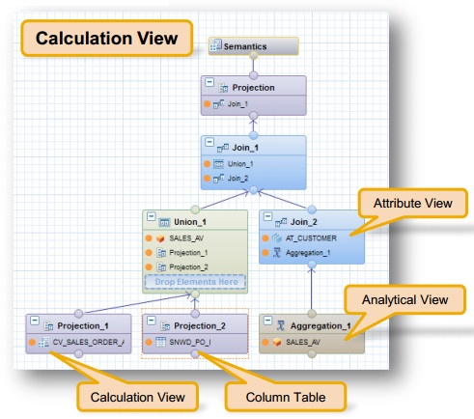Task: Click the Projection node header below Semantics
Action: coord(253,87)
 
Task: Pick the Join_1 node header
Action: coord(254,147)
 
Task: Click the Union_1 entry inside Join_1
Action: coord(242,164)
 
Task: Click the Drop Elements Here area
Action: coord(196,281)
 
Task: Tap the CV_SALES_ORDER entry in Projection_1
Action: coord(88,341)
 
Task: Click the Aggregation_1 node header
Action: coord(314,325)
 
